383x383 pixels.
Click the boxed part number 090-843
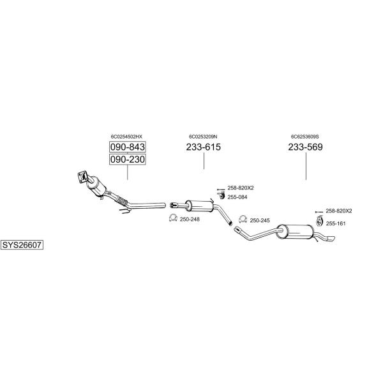coord(127,147)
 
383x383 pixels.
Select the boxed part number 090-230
coord(127,159)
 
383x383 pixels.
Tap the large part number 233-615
coord(204,147)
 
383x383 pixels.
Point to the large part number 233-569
coord(305,147)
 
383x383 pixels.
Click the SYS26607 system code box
coord(22,244)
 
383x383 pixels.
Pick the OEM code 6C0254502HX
coord(126,137)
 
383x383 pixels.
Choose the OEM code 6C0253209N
coord(203,137)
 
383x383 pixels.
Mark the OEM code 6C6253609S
coord(305,137)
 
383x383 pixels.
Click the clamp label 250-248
coord(190,220)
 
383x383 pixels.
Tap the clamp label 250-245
coord(260,221)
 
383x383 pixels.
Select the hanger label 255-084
coord(237,197)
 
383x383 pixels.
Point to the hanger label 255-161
coord(336,223)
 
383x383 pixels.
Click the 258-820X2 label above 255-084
coord(241,188)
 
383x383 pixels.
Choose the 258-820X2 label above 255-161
coord(339,211)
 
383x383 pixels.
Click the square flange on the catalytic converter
coord(82,176)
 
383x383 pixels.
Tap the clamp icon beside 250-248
coord(173,218)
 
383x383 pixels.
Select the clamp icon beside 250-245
coord(243,220)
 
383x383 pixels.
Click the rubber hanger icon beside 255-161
coord(320,222)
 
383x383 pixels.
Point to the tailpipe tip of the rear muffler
coord(331,239)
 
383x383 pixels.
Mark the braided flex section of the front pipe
coord(121,201)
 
